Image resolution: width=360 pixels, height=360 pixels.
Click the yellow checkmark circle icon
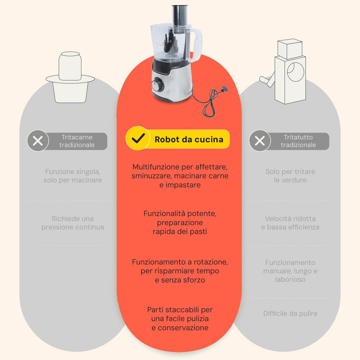point(138,138)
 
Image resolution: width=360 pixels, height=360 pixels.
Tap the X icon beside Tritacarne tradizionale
point(38,140)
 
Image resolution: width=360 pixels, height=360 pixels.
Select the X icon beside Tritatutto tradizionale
point(260,140)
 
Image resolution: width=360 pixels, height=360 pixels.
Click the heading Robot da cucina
point(188,139)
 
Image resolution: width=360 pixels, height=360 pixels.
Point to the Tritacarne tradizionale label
point(77,141)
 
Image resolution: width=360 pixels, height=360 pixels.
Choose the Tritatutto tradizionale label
point(298,141)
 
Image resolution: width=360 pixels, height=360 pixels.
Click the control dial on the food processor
point(157,85)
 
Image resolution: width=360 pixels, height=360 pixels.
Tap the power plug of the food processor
point(223,89)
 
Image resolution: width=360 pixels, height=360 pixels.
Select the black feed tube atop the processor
point(180,15)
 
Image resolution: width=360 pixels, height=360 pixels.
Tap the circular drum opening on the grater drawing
point(295,71)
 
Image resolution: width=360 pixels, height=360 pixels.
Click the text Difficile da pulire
point(290,313)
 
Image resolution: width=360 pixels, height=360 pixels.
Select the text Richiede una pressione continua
point(72,222)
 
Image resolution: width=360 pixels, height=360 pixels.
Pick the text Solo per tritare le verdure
point(290,176)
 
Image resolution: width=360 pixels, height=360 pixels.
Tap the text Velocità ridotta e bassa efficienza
point(290,222)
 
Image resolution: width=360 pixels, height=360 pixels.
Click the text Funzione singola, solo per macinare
point(72,176)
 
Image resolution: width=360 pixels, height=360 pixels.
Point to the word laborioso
point(290,279)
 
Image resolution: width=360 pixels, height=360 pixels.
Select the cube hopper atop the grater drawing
point(289,49)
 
